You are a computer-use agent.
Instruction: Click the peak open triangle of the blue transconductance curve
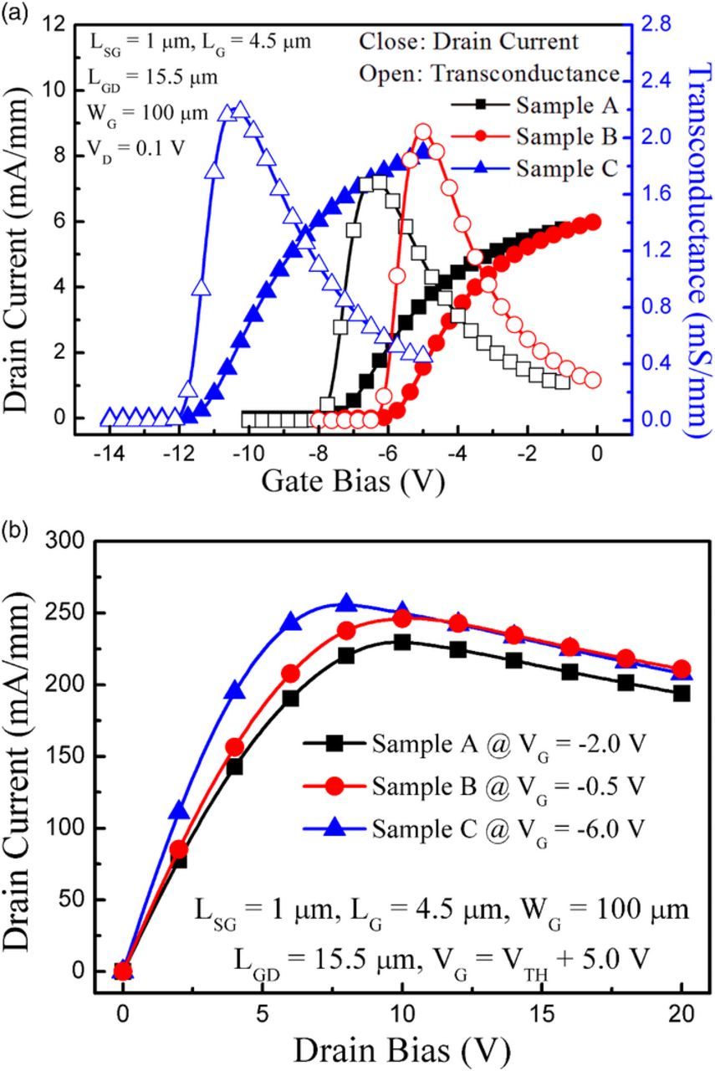pos(241,110)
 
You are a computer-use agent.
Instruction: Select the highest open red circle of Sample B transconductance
pos(423,132)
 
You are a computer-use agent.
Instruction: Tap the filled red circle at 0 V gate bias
pos(593,222)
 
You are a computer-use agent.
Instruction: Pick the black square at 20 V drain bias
pos(682,693)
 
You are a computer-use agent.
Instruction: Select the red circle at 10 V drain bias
pos(402,618)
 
